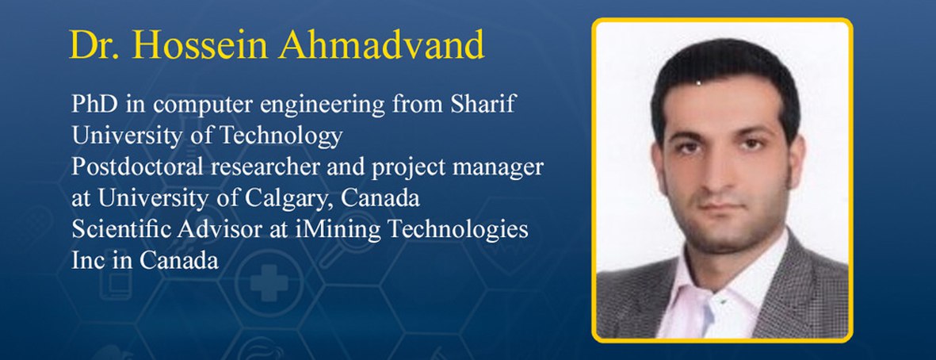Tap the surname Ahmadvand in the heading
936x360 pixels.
pos(381,44)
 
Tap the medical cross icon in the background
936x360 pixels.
pos(269,281)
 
